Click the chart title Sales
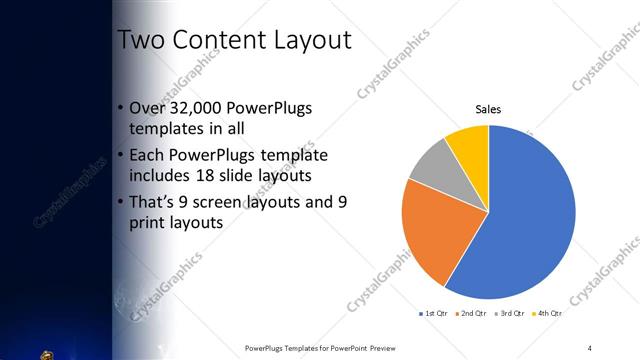coord(488,109)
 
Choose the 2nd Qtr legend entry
coord(472,313)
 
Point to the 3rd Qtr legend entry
coord(511,313)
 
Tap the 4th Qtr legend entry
coord(549,313)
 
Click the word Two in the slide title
coord(139,40)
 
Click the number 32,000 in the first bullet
coord(199,108)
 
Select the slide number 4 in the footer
coord(590,347)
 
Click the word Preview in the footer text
coord(383,347)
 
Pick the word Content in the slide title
coord(214,40)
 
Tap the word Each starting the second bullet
coord(148,155)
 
